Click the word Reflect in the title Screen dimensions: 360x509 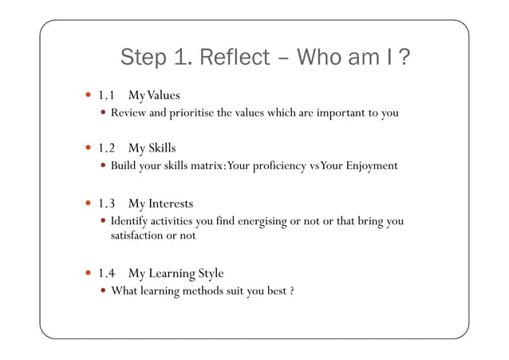pyautogui.click(x=237, y=58)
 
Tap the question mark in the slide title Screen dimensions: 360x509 pyautogui.click(x=404, y=58)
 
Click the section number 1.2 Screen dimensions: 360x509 pyautogui.click(x=107, y=148)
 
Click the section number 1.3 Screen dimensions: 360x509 pyautogui.click(x=107, y=204)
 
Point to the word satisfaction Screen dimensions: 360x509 pyautogui.click(x=136, y=235)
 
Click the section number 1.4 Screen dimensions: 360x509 pyautogui.click(x=107, y=274)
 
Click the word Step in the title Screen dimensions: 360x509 pyautogui.click(x=143, y=58)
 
